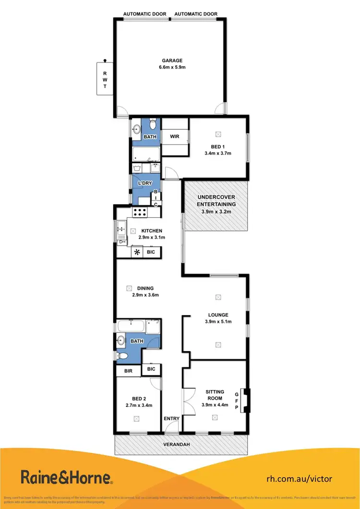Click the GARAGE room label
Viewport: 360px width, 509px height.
(x=172, y=60)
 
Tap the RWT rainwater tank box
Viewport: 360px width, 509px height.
(x=105, y=79)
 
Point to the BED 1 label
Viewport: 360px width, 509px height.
(x=217, y=147)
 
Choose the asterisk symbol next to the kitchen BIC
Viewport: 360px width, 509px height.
(x=138, y=252)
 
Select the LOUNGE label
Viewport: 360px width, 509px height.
(x=217, y=315)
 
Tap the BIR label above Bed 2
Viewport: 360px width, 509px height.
(x=128, y=371)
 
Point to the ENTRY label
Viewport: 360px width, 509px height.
(x=171, y=419)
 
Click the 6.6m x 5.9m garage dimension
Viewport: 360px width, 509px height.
(x=172, y=67)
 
